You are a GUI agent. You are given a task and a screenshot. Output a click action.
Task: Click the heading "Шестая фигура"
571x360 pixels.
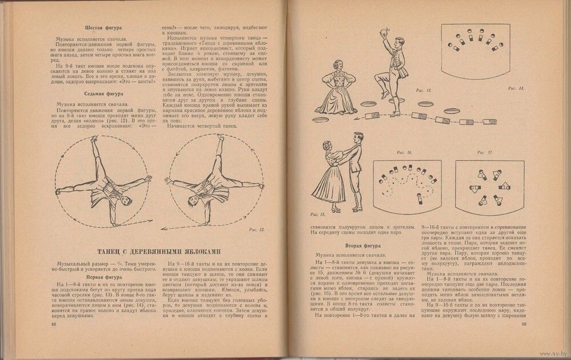[104, 27]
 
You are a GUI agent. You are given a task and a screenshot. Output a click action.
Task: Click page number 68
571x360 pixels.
[54, 326]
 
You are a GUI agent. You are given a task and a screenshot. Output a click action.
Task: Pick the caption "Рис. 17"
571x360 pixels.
[484, 153]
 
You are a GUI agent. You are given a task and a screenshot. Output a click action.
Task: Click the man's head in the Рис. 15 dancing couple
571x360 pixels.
[357, 139]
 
